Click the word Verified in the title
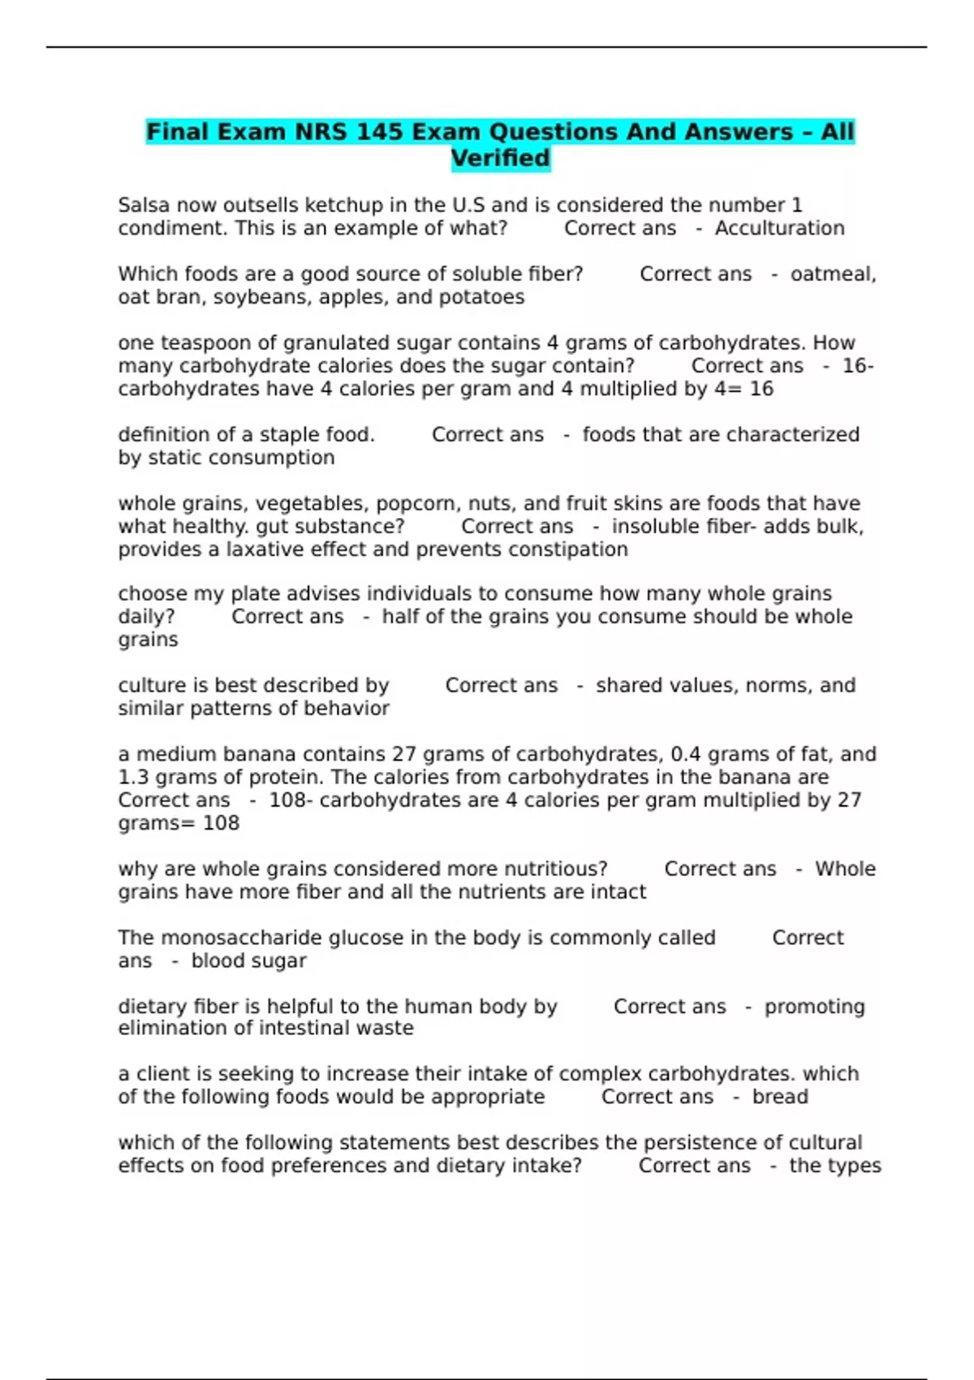click(501, 157)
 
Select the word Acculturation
click(779, 228)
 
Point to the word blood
click(215, 961)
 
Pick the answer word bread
click(780, 1097)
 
